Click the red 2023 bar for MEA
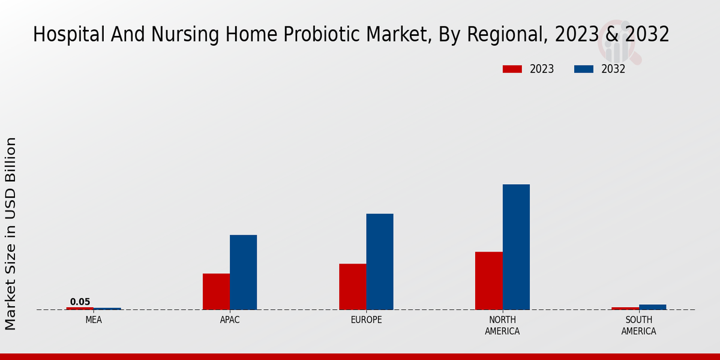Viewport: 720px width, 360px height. pos(80,308)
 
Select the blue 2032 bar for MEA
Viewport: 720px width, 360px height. pos(107,309)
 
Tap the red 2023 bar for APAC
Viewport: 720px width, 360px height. pos(216,292)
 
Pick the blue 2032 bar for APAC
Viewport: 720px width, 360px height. pos(243,272)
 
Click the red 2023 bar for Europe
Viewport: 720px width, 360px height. pos(352,287)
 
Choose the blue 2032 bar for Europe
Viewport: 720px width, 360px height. pos(380,262)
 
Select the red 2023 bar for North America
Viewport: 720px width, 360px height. pos(488,281)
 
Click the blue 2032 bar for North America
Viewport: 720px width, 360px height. pos(516,247)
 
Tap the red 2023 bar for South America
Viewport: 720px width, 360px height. pos(625,308)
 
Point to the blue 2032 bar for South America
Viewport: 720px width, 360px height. pos(652,307)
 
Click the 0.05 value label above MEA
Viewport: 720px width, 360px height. pos(80,302)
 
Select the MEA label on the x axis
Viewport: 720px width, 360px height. pos(94,320)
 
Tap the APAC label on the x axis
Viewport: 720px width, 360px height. pos(230,320)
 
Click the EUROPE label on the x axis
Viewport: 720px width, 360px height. pos(366,320)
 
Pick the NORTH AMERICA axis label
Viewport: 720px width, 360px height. pos(502,326)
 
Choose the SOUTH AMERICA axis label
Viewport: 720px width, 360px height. pos(638,326)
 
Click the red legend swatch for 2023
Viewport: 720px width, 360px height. pos(512,69)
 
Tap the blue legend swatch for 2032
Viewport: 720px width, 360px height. pos(583,69)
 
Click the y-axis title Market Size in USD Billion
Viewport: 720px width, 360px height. pos(11,234)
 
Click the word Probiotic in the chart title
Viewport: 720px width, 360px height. pos(328,35)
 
